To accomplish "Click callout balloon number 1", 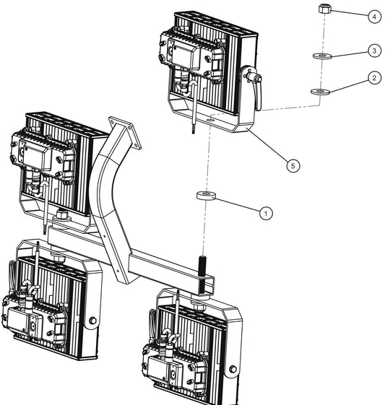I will coord(266,213).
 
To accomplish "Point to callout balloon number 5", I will coord(293,165).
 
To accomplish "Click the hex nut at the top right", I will coord(325,11).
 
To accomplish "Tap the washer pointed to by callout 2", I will coord(319,91).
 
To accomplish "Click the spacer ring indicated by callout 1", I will coord(207,196).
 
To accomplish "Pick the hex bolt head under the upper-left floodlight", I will coord(64,216).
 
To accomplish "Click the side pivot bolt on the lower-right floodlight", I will coord(232,370).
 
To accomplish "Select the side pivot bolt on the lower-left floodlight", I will coord(92,321).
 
